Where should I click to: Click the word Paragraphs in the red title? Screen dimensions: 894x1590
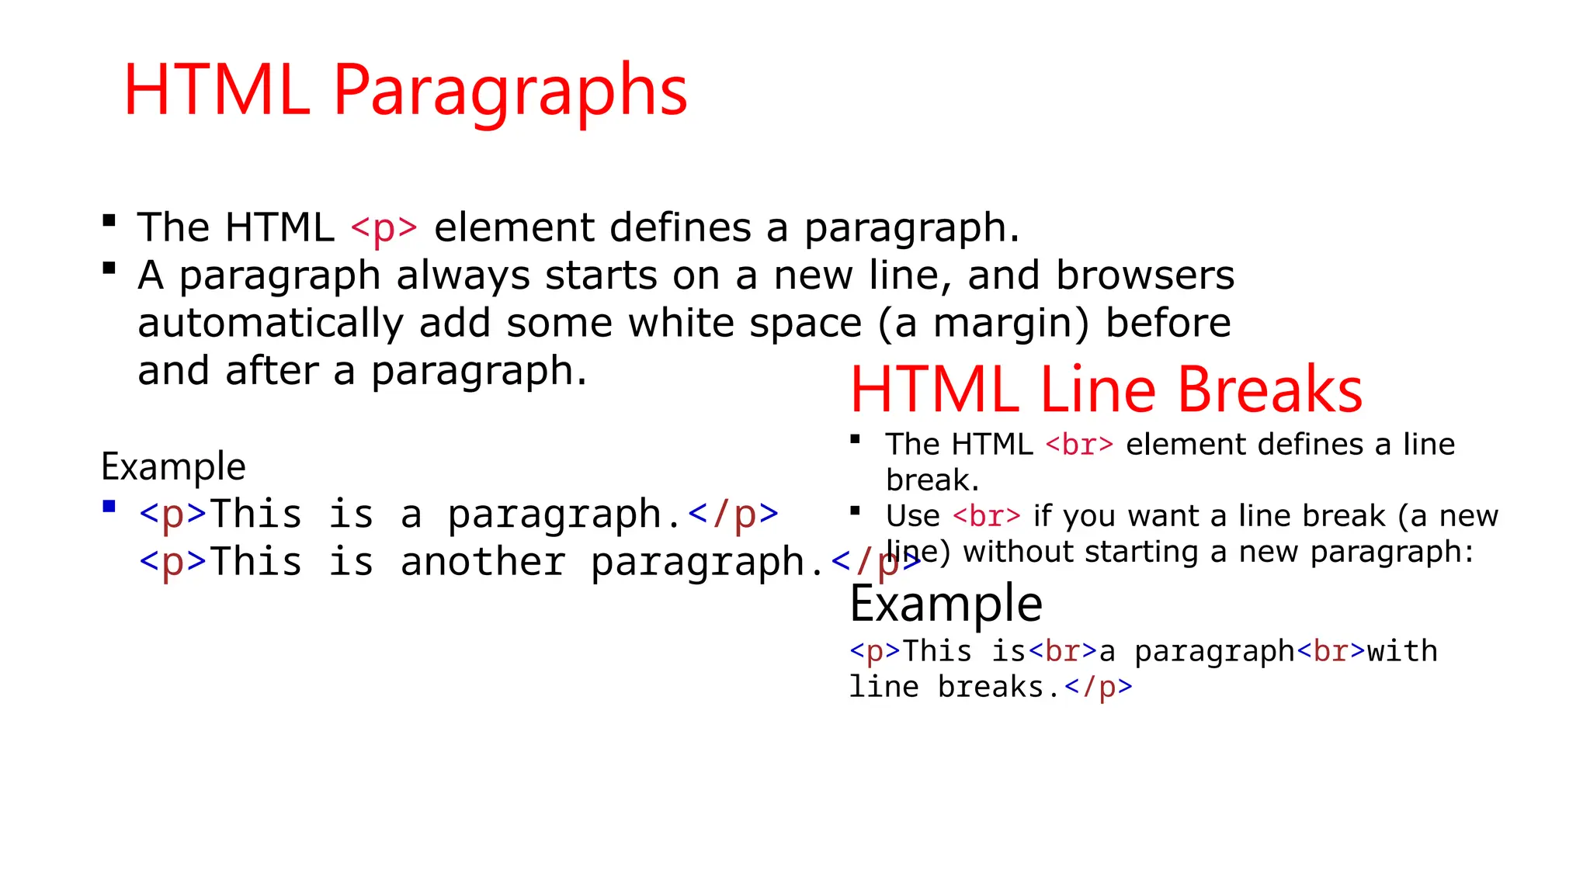tap(510, 92)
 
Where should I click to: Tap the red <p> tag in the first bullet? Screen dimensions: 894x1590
tap(384, 228)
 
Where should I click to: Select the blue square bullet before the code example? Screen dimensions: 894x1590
tap(109, 507)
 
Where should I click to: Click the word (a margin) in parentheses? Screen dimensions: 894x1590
tap(984, 324)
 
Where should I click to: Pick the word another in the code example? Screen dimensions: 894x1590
tap(483, 562)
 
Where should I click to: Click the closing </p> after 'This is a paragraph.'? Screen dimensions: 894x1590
tap(733, 515)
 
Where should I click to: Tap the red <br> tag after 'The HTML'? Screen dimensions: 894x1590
tap(1079, 445)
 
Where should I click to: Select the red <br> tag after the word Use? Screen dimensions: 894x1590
tap(987, 516)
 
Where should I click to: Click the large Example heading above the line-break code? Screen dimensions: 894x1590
tap(946, 604)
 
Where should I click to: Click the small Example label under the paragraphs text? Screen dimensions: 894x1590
tap(173, 466)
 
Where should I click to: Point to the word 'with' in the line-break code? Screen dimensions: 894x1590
tap(1402, 651)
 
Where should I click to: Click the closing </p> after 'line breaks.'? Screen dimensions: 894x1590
tap(1099, 687)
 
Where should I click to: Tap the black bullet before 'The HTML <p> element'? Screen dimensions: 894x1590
tap(109, 221)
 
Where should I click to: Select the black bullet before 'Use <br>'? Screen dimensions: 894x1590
tap(856, 511)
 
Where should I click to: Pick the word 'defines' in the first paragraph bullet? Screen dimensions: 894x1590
tap(681, 228)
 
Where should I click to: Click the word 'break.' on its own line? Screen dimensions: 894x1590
tap(932, 480)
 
